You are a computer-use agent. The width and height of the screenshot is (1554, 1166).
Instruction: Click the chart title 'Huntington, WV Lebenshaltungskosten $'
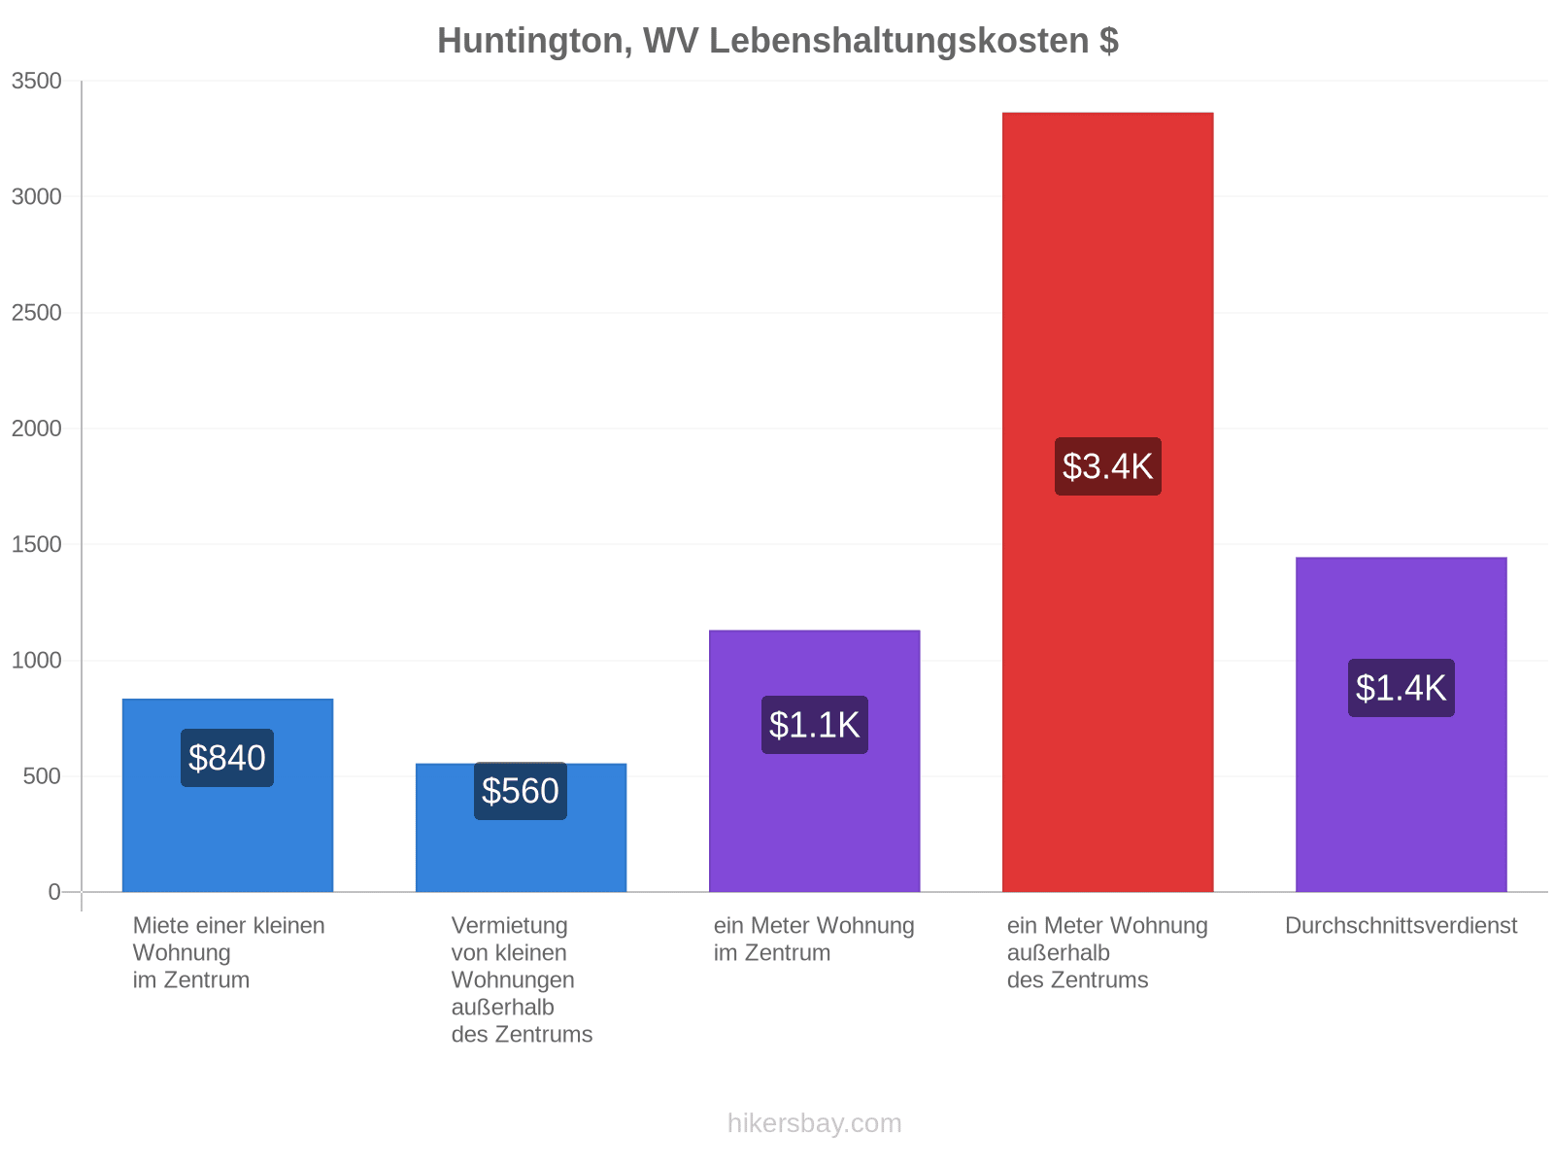(x=777, y=41)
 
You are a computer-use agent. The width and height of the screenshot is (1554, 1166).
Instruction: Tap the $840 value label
(x=226, y=757)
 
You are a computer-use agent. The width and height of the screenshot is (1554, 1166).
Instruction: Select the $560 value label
(x=520, y=790)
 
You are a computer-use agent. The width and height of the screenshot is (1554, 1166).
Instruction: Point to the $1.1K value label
(x=814, y=724)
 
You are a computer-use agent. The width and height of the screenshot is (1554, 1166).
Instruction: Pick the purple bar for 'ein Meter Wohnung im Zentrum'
(x=814, y=761)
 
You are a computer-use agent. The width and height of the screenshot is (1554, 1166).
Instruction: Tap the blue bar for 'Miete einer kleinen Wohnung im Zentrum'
(x=227, y=794)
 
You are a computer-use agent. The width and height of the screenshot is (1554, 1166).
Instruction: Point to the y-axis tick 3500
(x=36, y=81)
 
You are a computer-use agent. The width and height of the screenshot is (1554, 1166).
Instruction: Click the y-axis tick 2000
(x=36, y=429)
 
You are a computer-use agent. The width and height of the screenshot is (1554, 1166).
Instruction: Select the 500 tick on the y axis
(x=42, y=776)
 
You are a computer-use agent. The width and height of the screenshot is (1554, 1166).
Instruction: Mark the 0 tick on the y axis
(x=53, y=891)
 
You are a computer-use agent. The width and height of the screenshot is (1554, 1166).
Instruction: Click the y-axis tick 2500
(x=36, y=312)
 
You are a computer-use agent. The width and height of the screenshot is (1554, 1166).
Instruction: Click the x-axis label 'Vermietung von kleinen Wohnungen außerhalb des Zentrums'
(x=521, y=979)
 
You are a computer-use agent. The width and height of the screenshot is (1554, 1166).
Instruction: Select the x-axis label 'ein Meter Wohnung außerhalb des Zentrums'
(x=1106, y=952)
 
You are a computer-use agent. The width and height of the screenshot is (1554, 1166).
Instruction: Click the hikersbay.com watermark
(x=814, y=1123)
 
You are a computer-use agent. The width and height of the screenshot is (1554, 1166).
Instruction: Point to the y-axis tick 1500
(x=36, y=544)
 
